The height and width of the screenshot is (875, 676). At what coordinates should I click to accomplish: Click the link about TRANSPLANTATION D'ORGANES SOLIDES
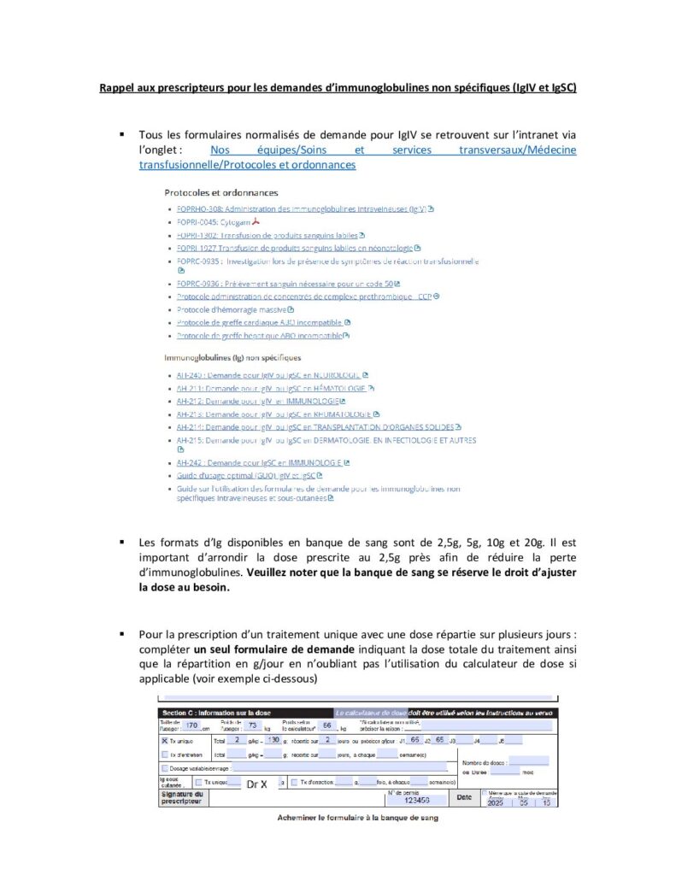point(314,427)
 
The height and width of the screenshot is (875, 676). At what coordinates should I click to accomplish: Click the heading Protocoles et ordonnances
point(220,193)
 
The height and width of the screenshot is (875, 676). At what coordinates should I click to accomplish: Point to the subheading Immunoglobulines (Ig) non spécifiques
point(232,357)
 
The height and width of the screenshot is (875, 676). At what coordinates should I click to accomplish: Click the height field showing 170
point(191,725)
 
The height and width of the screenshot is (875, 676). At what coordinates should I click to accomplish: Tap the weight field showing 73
point(252,725)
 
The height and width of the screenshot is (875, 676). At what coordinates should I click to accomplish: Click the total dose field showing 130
point(273,740)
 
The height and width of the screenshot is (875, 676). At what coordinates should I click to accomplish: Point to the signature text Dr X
point(257,784)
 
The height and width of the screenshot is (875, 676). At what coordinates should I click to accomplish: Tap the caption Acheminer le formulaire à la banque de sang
point(357,818)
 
